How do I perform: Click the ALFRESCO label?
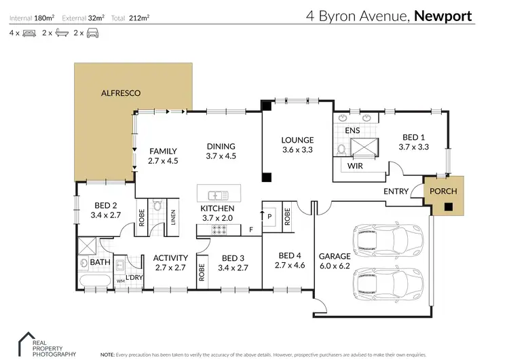[121, 92]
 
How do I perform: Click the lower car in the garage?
[387, 281]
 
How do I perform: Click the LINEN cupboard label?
[172, 217]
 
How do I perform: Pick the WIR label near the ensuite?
[354, 166]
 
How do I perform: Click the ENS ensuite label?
[352, 130]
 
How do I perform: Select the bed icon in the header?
[29, 33]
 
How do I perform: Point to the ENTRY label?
[396, 192]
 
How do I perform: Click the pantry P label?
[270, 215]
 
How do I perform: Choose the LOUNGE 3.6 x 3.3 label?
[297, 146]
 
